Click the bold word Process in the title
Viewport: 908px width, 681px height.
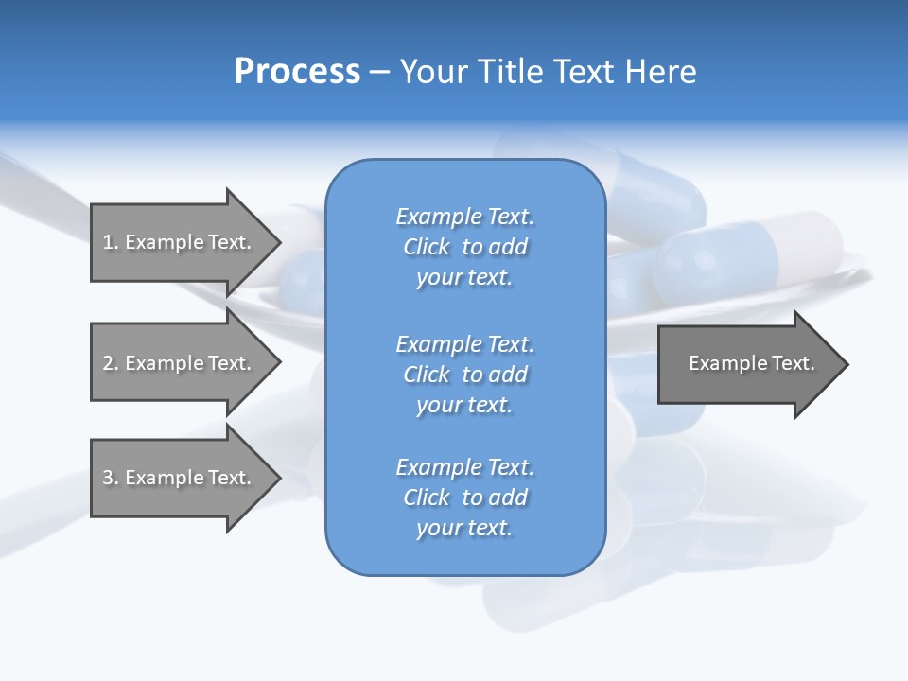point(297,72)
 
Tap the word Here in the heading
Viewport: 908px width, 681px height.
point(659,72)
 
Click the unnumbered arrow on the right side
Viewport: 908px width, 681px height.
point(747,363)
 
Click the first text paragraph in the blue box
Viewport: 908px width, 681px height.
point(464,247)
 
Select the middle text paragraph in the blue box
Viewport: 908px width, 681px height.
point(464,375)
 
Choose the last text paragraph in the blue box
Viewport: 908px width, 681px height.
point(464,498)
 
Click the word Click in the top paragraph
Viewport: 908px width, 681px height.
point(427,247)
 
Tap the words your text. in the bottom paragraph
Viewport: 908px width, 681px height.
point(464,528)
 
